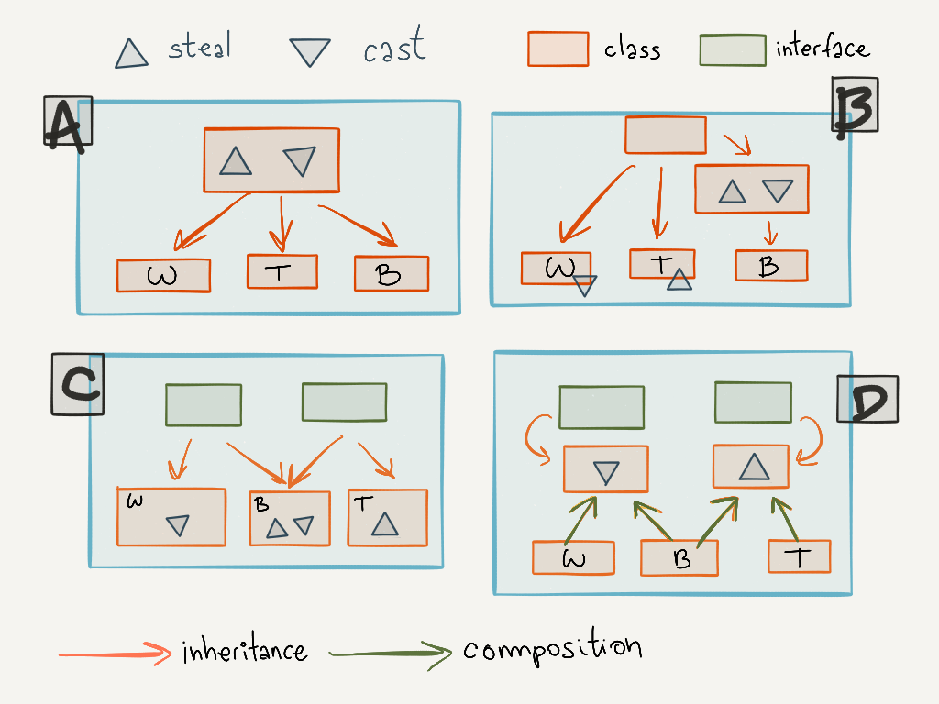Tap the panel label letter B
(x=855, y=105)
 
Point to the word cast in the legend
(x=394, y=49)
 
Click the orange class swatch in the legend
(x=558, y=49)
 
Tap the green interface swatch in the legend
(x=732, y=49)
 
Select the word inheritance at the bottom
(x=244, y=652)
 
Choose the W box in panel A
(x=163, y=275)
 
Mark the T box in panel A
(x=282, y=270)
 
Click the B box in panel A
(x=392, y=273)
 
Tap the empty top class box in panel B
(x=666, y=135)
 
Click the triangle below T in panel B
(x=679, y=280)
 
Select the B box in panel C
(x=290, y=518)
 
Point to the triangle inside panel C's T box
(x=385, y=523)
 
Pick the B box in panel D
(x=679, y=558)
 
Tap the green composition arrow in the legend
(x=390, y=654)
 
